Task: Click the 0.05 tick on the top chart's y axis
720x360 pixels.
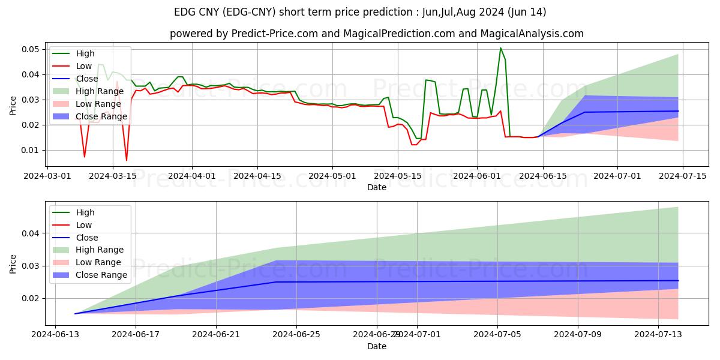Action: pyautogui.click(x=29, y=49)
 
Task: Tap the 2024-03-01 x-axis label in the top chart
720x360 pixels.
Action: pyautogui.click(x=47, y=176)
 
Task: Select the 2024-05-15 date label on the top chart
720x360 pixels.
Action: pyautogui.click(x=397, y=176)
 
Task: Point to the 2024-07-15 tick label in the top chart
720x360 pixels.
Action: pyautogui.click(x=683, y=176)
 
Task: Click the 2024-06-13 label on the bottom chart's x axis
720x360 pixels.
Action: pyautogui.click(x=55, y=335)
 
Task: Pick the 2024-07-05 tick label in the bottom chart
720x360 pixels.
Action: pyautogui.click(x=497, y=335)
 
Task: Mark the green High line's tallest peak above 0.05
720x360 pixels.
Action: pyautogui.click(x=500, y=48)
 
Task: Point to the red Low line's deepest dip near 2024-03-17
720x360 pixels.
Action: pyautogui.click(x=126, y=160)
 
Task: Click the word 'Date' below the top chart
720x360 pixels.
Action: pyautogui.click(x=377, y=187)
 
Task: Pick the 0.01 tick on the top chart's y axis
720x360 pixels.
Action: pyautogui.click(x=29, y=150)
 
